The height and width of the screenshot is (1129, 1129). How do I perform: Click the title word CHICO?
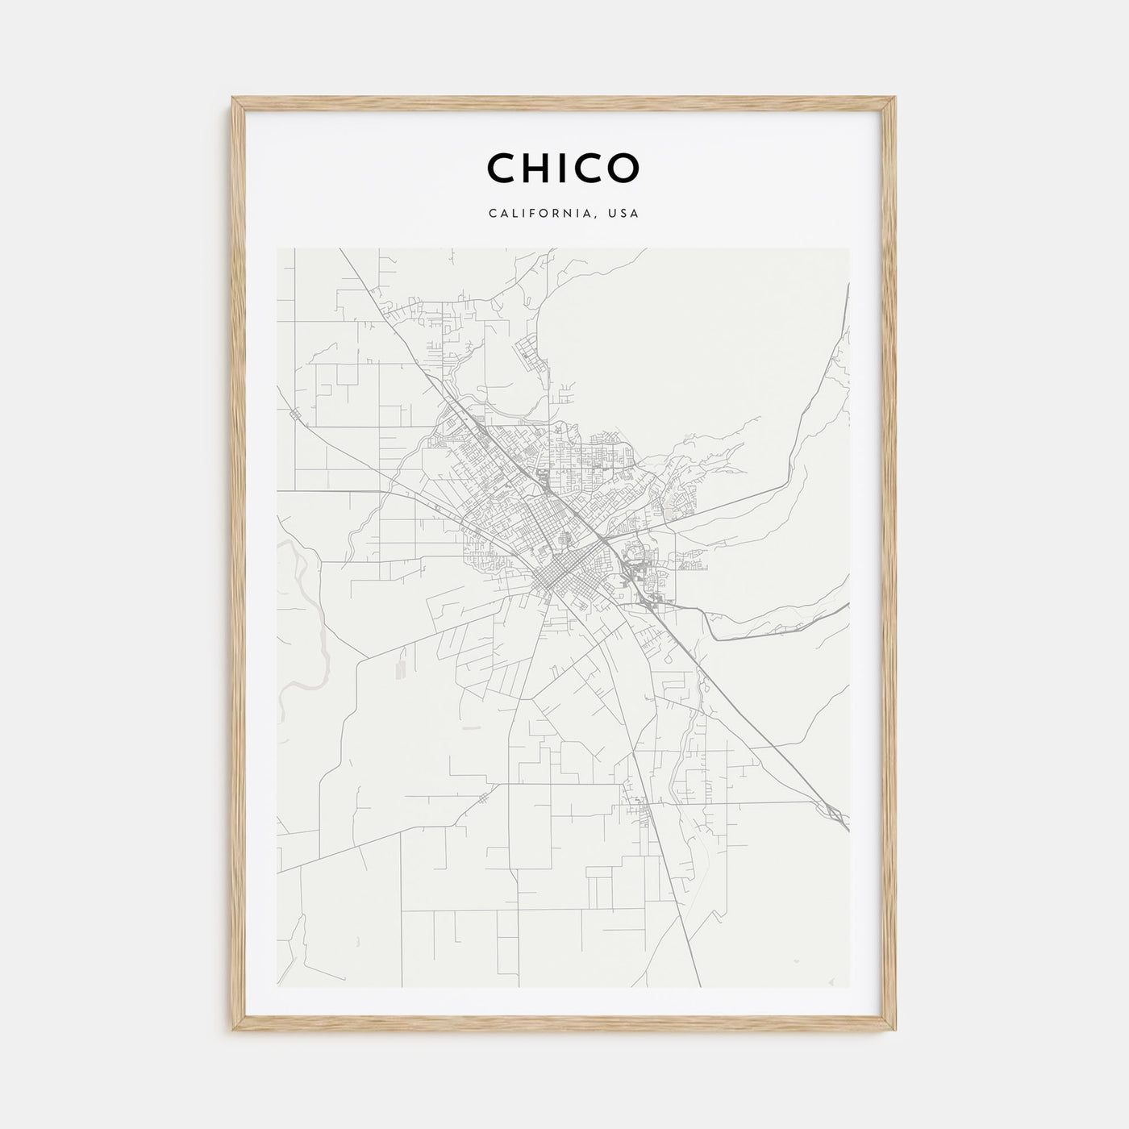click(563, 168)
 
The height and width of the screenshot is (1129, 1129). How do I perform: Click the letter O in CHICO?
click(624, 168)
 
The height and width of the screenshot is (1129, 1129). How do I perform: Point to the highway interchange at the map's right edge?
click(835, 814)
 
